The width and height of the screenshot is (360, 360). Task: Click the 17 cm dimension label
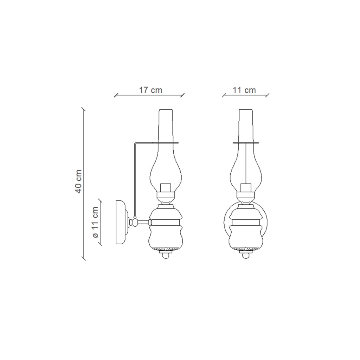pos(150,90)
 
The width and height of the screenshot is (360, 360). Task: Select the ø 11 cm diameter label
pos(95,222)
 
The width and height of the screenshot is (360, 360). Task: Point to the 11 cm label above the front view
pos(244,90)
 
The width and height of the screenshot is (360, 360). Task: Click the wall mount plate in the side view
pos(121,222)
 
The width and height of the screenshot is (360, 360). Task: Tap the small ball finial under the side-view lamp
pos(166,255)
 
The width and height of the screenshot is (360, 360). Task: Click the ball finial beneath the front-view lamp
pos(246,255)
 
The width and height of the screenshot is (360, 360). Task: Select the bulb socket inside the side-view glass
pos(166,188)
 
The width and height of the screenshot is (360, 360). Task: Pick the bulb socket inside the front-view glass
pos(246,188)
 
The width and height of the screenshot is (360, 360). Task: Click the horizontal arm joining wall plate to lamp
pos(143,222)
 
